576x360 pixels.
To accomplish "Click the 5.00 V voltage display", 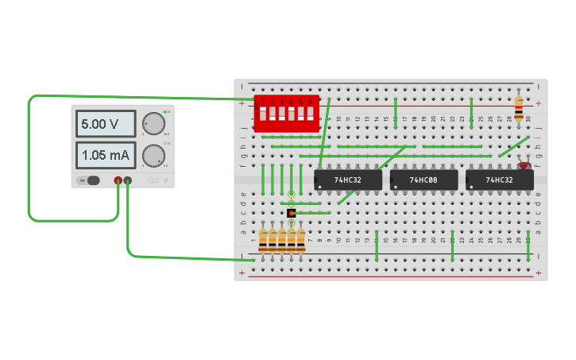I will pyautogui.click(x=106, y=125).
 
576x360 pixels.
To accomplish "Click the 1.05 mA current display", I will pyautogui.click(x=106, y=154).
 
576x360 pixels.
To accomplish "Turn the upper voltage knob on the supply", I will pyautogui.click(x=153, y=124).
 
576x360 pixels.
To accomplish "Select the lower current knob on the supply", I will pyautogui.click(x=153, y=155).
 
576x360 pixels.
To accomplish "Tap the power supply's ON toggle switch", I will pyautogui.click(x=92, y=180).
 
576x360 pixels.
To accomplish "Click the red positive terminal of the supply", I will pyautogui.click(x=118, y=181).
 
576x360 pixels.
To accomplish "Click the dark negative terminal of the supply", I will pyautogui.click(x=128, y=181).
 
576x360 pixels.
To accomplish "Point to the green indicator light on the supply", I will pyautogui.click(x=164, y=112).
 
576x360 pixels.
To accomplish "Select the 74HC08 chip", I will pyautogui.click(x=424, y=180).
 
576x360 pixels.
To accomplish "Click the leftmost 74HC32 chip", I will pyautogui.click(x=348, y=180).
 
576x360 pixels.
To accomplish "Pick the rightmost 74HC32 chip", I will pyautogui.click(x=499, y=180).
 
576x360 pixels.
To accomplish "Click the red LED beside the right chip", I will pyautogui.click(x=524, y=165).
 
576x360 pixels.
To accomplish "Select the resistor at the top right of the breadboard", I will pyautogui.click(x=519, y=109).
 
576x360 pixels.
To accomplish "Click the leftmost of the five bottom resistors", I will pyautogui.click(x=263, y=239).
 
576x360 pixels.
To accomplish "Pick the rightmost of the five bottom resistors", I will pyautogui.click(x=301, y=239).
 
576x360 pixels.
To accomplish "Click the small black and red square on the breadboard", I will pyautogui.click(x=292, y=213).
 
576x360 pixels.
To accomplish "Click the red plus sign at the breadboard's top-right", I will pyautogui.click(x=538, y=103).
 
